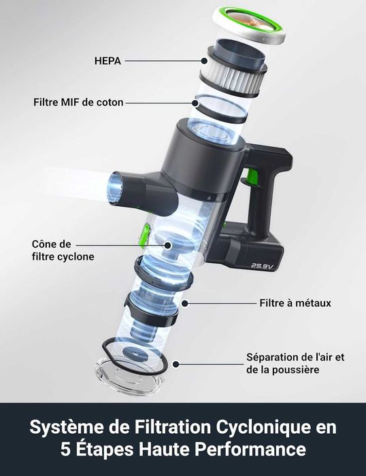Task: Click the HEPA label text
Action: coord(107,61)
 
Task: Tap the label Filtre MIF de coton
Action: coord(78,102)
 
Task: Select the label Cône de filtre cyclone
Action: coord(63,250)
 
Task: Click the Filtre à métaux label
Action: coord(295,303)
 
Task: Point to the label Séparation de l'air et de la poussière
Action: coord(295,363)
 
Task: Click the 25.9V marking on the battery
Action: coord(263,266)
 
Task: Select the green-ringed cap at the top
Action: coord(249,25)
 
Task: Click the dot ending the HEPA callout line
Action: coord(204,61)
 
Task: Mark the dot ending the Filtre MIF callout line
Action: coord(196,103)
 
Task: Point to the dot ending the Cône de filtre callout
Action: coord(167,245)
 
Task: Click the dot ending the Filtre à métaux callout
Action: coord(185,303)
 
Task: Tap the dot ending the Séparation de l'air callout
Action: coord(176,364)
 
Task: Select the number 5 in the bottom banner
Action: coord(65,449)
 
